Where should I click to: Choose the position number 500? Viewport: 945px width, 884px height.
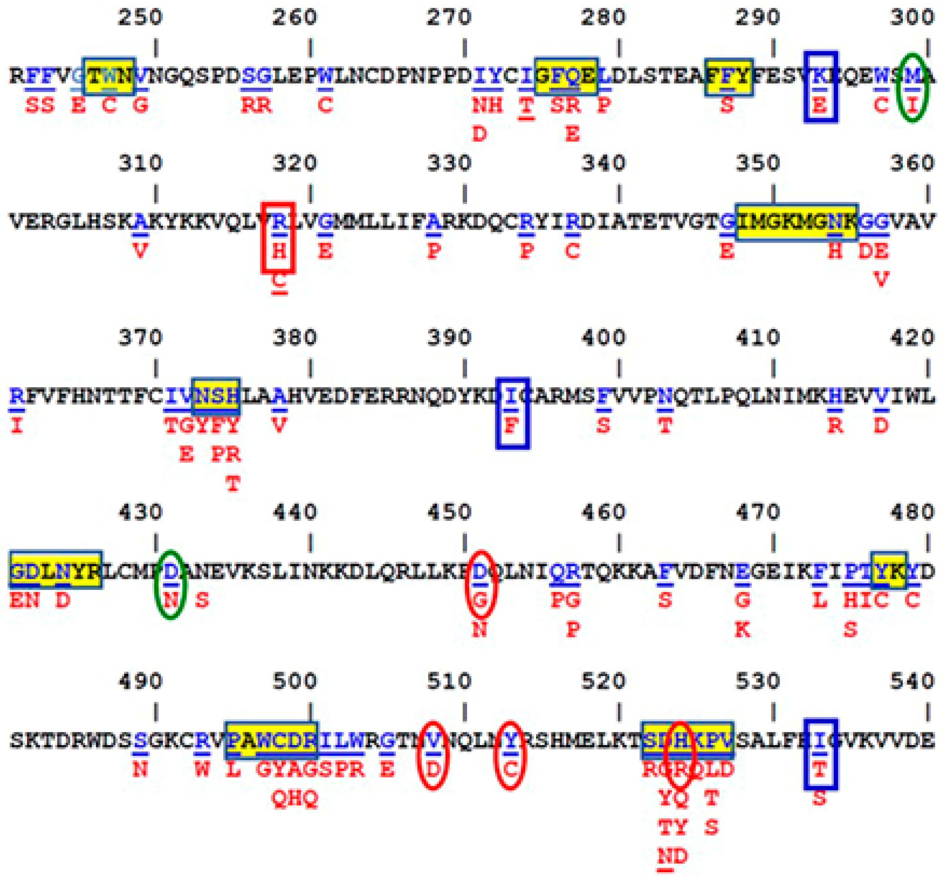point(295,681)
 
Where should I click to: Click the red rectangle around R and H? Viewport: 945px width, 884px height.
point(278,238)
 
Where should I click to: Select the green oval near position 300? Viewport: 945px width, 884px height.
point(912,88)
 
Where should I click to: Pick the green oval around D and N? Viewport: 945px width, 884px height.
point(170,585)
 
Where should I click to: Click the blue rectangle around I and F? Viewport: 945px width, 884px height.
point(512,413)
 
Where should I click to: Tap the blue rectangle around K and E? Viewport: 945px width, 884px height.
point(820,87)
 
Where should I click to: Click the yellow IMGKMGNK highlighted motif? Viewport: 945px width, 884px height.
point(796,222)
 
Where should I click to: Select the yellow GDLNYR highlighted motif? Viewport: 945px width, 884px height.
point(56,570)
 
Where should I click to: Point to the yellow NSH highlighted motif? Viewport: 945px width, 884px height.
point(216,396)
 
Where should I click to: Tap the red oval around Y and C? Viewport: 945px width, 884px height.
point(510,755)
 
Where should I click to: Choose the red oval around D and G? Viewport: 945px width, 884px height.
point(481,585)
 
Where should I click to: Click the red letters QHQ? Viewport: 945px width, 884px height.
point(295,798)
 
